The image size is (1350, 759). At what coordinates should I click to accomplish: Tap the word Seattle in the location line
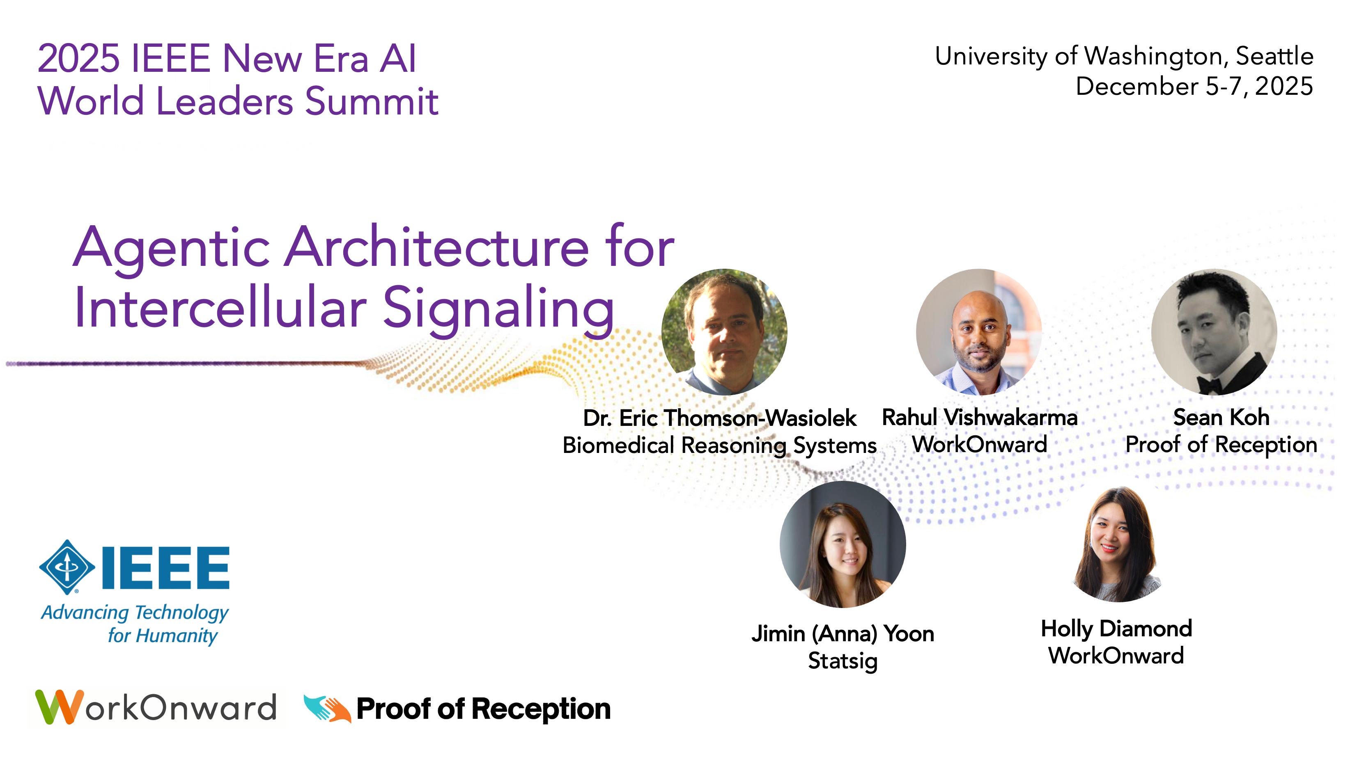1274,57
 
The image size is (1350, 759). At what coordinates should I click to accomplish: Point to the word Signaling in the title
498,309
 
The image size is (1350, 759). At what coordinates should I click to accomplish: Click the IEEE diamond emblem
67,567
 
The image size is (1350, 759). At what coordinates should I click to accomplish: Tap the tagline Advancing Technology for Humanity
135,624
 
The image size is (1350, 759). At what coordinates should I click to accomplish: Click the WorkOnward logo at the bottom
156,707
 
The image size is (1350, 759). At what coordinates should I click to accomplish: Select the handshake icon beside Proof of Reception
327,709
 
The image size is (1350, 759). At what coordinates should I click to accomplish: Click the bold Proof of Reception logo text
483,709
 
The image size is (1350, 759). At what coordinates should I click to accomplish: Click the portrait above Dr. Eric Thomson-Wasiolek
724,331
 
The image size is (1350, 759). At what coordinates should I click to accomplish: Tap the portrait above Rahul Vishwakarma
978,331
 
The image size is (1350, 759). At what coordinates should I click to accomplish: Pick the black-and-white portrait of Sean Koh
1214,331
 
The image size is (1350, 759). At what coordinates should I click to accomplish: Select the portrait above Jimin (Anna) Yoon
843,545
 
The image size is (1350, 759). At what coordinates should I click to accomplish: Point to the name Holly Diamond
1116,629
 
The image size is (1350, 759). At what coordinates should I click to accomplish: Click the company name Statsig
843,661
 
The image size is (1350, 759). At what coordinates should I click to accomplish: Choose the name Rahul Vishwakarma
980,418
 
